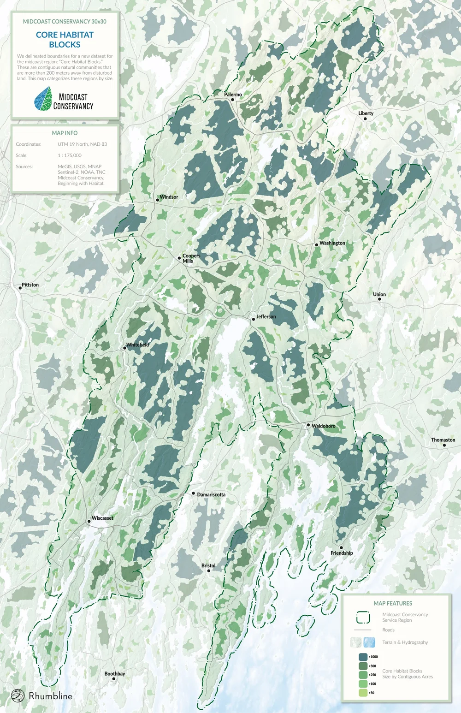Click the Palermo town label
[x=233, y=95]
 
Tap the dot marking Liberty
[x=365, y=119]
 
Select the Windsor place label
[x=169, y=197]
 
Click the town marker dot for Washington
[x=317, y=245]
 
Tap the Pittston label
[x=30, y=285]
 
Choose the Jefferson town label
[x=266, y=317]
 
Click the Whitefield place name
[x=137, y=345]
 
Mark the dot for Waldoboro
[x=308, y=425]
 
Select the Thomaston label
[x=443, y=440]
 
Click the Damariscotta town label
[x=211, y=494]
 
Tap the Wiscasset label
[x=102, y=518]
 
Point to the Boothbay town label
[x=114, y=674]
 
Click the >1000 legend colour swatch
[x=363, y=657]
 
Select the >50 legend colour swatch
[x=363, y=693]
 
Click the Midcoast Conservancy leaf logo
[x=43, y=99]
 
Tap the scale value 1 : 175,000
[x=70, y=155]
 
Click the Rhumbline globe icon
[x=18, y=695]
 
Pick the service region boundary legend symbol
[x=363, y=618]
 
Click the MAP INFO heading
[x=65, y=133]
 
